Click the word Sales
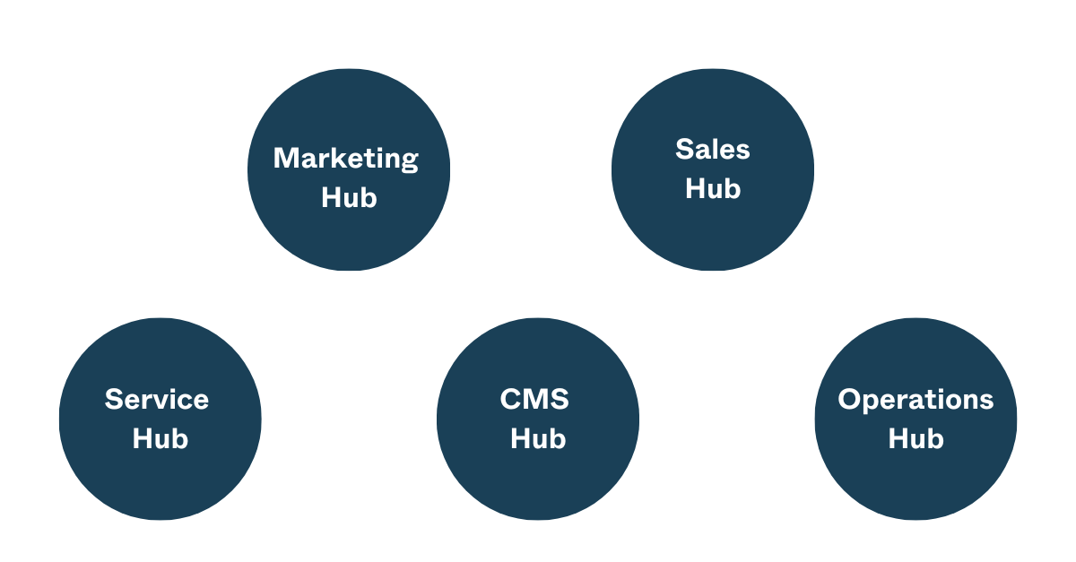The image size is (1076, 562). point(713,149)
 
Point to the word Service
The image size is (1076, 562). point(157,399)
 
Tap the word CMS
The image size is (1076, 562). point(534,399)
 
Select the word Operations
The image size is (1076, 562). point(915,400)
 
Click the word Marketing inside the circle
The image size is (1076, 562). point(346,159)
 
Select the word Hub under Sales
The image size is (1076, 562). point(713,188)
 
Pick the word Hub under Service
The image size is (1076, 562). point(160,438)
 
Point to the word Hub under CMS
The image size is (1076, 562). point(538,438)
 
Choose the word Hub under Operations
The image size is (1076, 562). point(915,438)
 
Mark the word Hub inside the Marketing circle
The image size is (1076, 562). point(349,197)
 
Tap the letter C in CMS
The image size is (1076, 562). point(511,399)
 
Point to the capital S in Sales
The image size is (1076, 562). point(686,149)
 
